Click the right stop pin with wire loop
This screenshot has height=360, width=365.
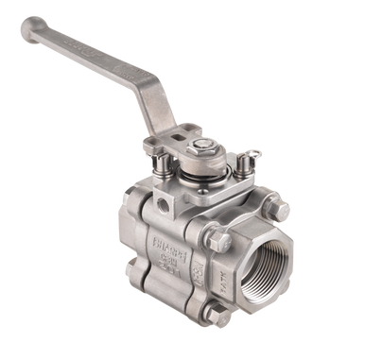click(x=243, y=162)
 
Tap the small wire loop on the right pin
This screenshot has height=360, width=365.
click(x=252, y=152)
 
